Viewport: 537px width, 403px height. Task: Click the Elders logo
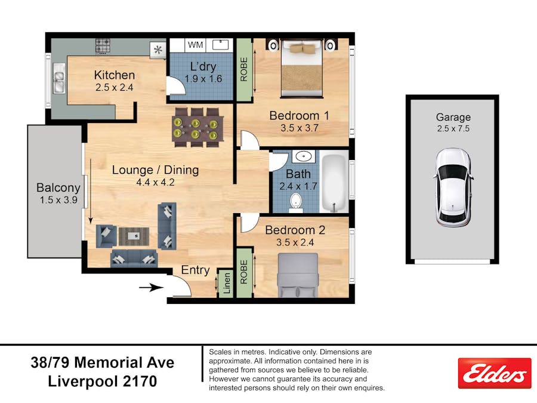pyautogui.click(x=494, y=373)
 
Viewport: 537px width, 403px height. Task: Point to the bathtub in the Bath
pyautogui.click(x=334, y=183)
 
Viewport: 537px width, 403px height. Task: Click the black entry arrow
pyautogui.click(x=152, y=288)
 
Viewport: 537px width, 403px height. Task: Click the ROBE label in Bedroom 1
pyautogui.click(x=243, y=70)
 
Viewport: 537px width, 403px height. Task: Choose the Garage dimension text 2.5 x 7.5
pyautogui.click(x=453, y=128)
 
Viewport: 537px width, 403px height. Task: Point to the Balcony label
pyautogui.click(x=58, y=187)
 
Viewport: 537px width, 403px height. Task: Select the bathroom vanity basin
pyautogui.click(x=305, y=157)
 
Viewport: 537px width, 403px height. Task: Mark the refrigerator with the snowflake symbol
pyautogui.click(x=158, y=50)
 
